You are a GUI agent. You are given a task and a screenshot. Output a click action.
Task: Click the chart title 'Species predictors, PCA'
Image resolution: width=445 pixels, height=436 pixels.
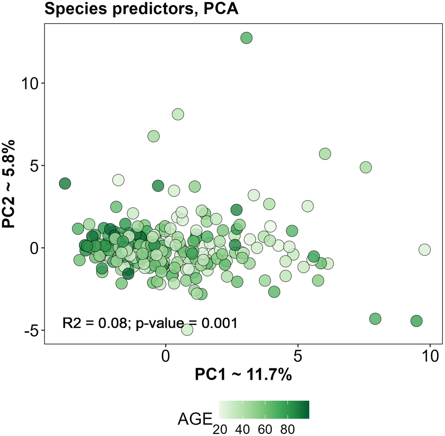point(141,9)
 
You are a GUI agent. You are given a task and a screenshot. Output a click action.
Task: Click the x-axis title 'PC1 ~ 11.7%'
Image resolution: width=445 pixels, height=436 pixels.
point(243,375)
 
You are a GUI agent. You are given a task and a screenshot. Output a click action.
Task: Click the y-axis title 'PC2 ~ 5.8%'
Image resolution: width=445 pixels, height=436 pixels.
point(9,184)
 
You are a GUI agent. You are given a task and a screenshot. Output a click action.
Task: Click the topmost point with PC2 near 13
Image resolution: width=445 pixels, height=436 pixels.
point(246,38)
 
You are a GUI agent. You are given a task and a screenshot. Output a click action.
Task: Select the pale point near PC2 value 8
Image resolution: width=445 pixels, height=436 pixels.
point(178,114)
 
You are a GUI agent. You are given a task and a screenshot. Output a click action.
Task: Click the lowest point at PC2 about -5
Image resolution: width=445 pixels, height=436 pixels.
point(187,330)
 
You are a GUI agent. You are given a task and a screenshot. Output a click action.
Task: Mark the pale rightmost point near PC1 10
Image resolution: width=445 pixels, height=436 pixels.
point(424,249)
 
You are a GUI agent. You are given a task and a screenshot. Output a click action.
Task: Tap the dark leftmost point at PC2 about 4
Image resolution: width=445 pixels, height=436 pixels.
point(65,184)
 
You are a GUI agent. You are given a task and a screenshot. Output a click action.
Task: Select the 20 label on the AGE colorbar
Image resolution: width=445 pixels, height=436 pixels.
point(220,429)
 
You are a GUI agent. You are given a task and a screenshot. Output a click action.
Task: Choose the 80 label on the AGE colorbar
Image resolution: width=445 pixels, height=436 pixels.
point(288,429)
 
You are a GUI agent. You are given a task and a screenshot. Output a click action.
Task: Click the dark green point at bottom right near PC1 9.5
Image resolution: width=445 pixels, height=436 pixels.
point(417,321)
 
